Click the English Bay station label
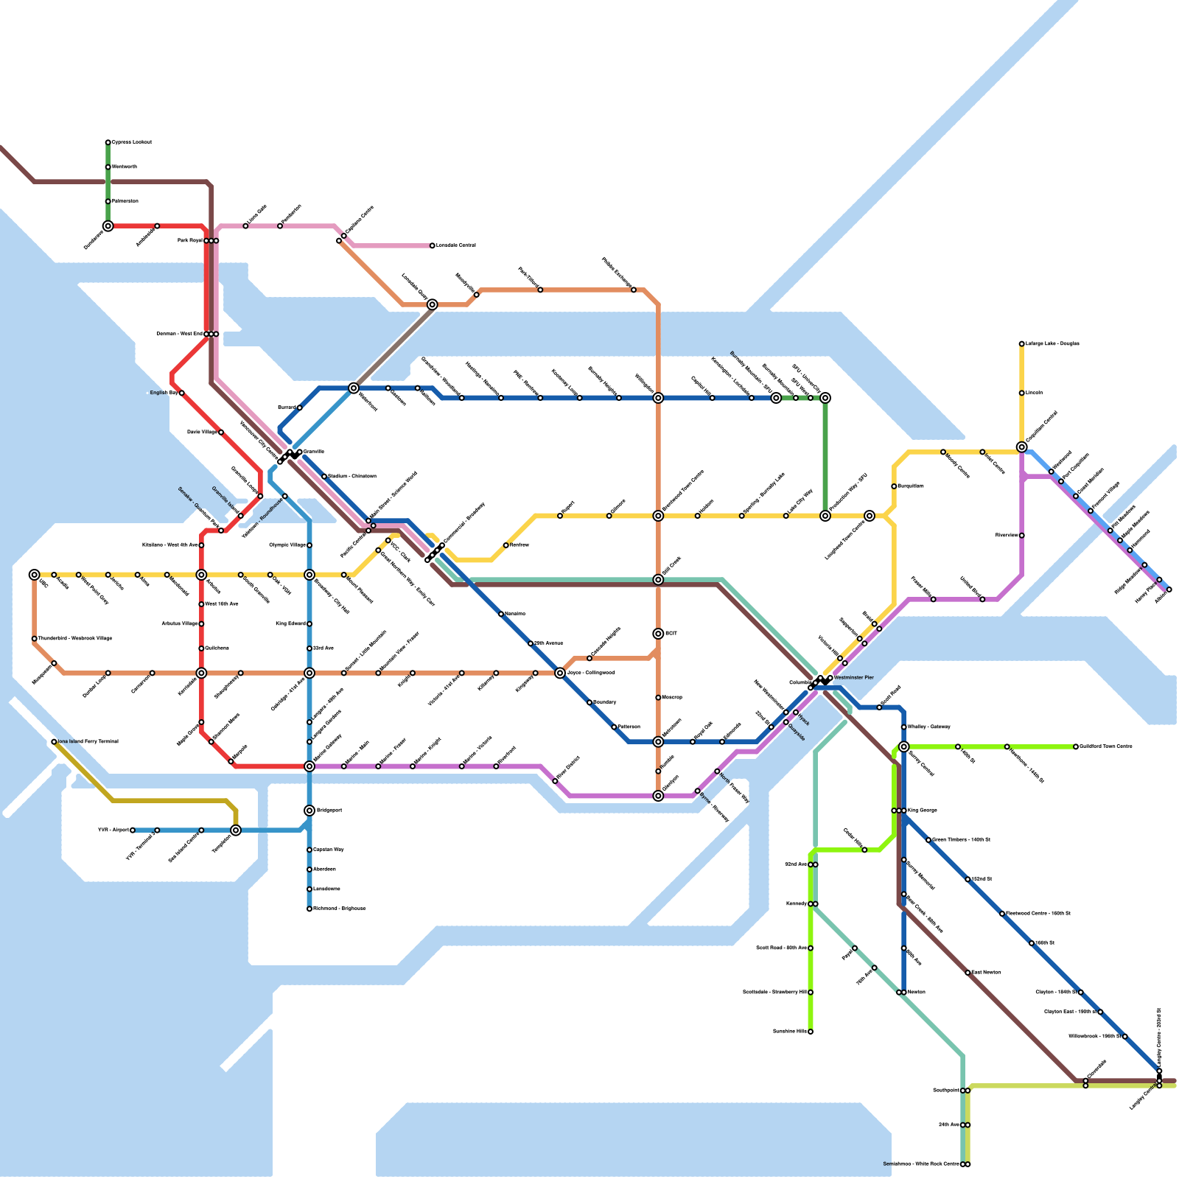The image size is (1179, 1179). (x=164, y=393)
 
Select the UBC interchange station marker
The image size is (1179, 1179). (x=34, y=575)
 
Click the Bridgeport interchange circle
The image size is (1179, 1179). (x=309, y=811)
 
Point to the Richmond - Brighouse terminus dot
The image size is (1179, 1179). (x=309, y=909)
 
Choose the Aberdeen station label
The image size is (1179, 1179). (x=324, y=870)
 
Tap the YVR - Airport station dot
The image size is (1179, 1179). (x=133, y=830)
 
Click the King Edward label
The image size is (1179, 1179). (x=290, y=624)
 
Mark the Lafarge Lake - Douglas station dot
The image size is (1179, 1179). (x=1021, y=344)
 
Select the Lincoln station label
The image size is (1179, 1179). (x=1034, y=393)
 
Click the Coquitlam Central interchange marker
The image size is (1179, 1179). (x=1021, y=447)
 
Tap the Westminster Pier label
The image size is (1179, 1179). (x=853, y=677)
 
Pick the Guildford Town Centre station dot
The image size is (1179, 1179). (x=1076, y=746)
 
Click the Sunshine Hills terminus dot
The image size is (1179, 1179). (x=811, y=1032)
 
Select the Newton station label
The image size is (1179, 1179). (x=917, y=993)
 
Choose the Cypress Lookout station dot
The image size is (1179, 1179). (x=108, y=142)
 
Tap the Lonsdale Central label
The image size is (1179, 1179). (x=455, y=245)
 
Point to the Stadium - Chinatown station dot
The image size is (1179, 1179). (x=324, y=477)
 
